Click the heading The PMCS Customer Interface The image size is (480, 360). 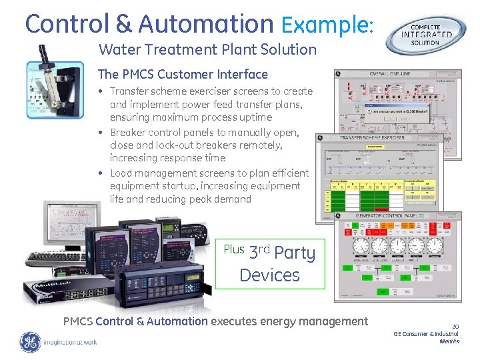[x=183, y=74]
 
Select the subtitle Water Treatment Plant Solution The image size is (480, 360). [x=207, y=49]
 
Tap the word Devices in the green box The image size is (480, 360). [x=269, y=275]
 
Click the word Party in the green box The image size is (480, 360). [x=294, y=253]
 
